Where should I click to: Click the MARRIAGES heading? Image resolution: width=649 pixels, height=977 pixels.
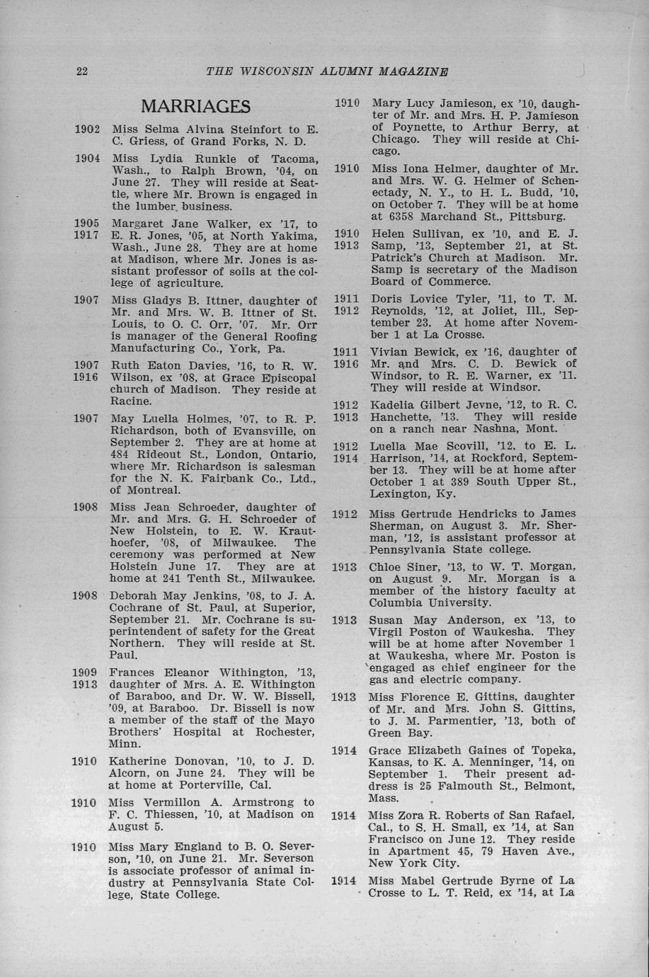click(x=195, y=106)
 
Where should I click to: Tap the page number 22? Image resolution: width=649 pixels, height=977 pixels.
click(x=81, y=71)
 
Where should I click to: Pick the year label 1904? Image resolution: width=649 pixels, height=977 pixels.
click(x=90, y=159)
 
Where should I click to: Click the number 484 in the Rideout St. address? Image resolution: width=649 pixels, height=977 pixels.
click(x=123, y=454)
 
